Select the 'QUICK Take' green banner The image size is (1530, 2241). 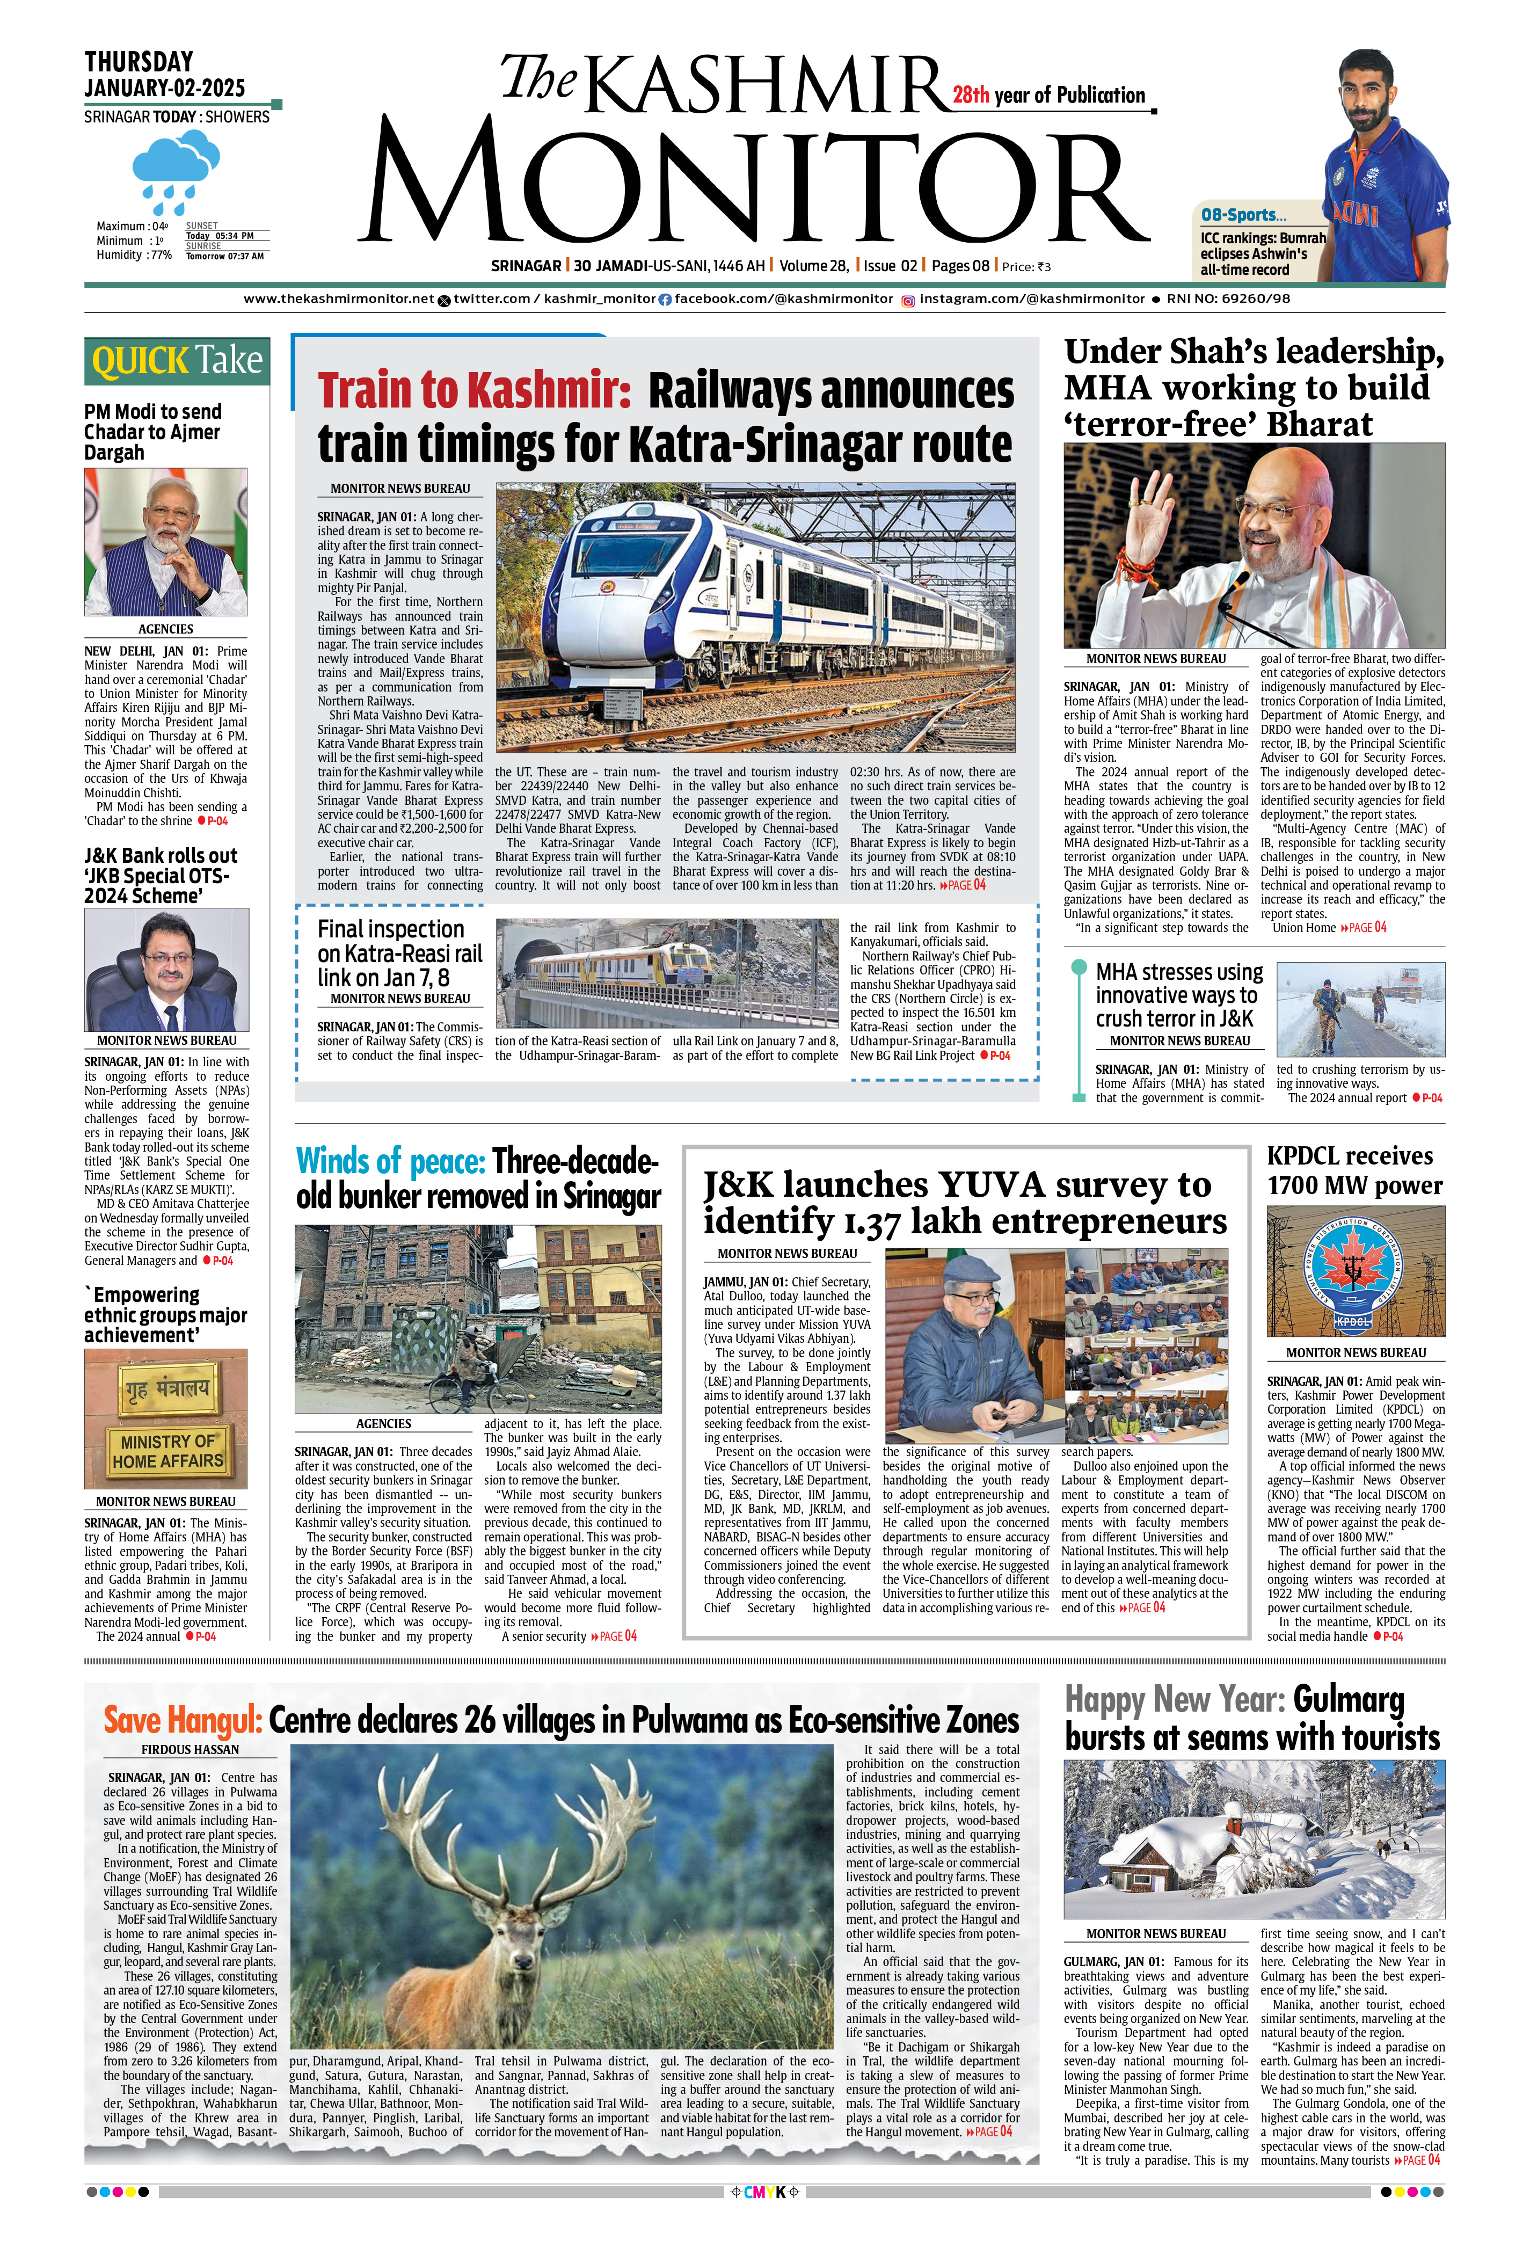pos(177,361)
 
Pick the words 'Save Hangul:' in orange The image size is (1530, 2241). pos(182,1720)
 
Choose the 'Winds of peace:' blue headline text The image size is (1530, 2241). pos(390,1160)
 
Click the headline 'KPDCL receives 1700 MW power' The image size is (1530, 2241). pos(1354,1170)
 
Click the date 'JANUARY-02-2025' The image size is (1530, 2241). pos(165,88)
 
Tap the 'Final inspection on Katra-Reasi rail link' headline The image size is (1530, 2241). pos(399,952)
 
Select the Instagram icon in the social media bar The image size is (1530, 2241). pos(907,300)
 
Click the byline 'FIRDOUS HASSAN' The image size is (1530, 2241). pos(190,1749)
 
